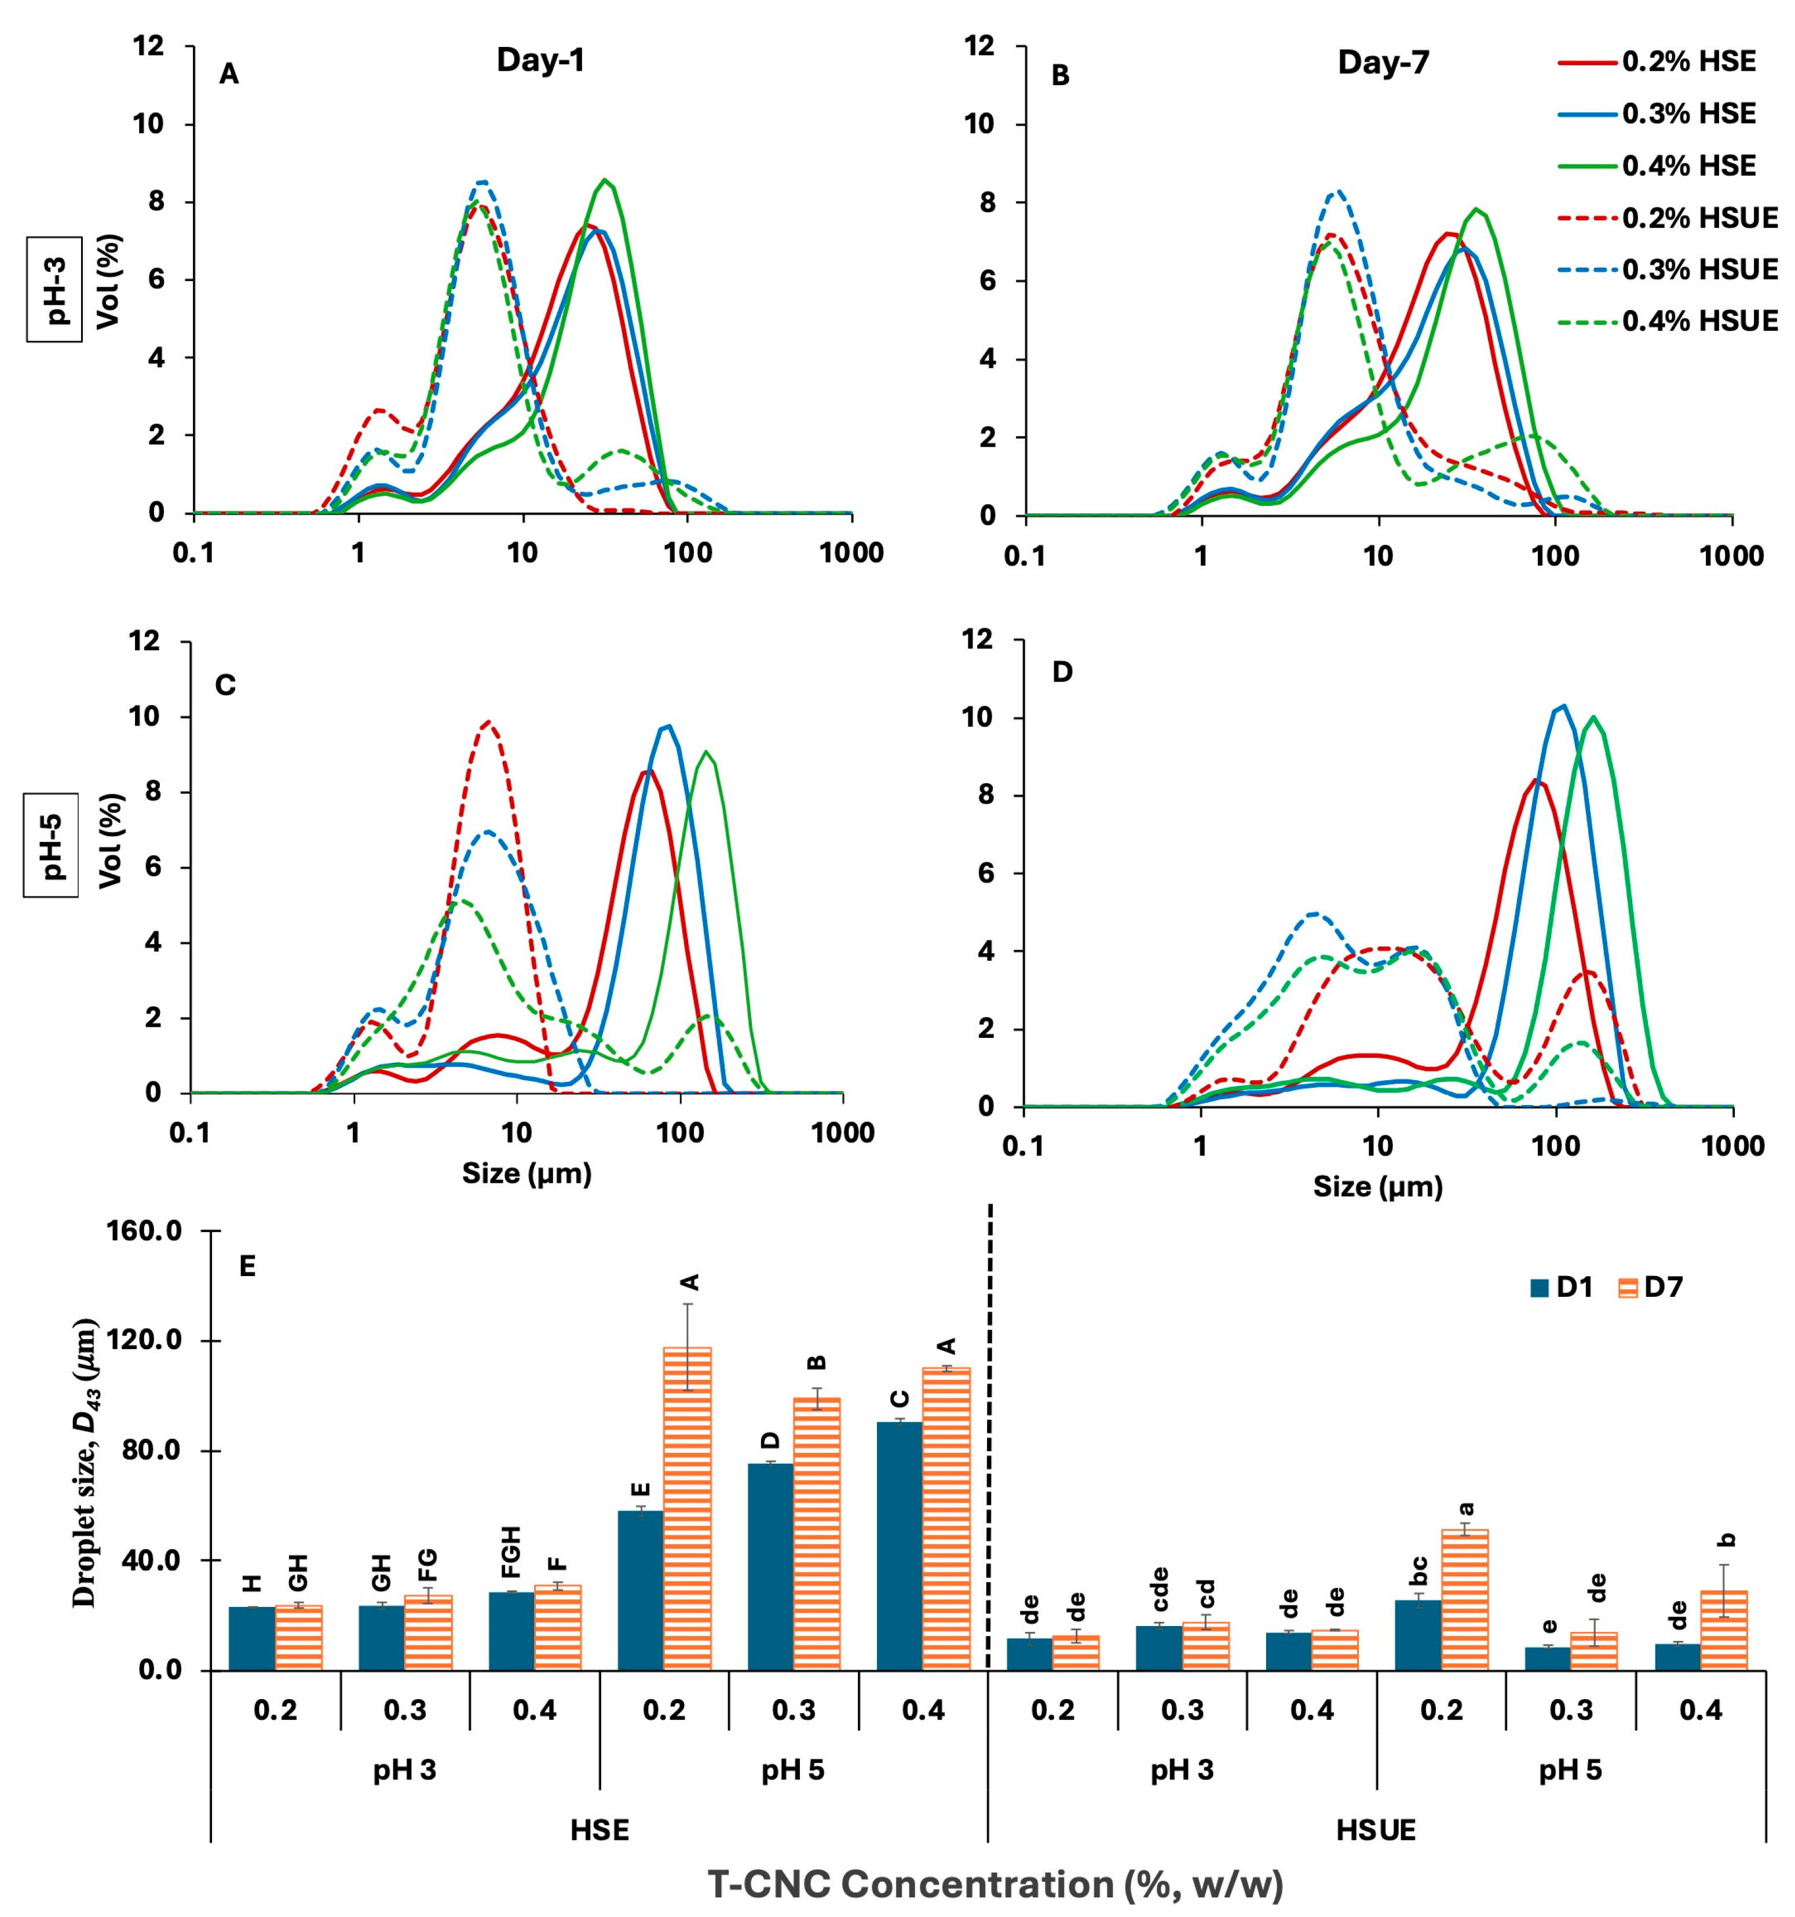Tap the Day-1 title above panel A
point(540,60)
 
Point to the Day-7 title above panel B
point(1383,63)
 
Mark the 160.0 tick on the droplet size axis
point(151,1231)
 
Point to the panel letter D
point(1061,672)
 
